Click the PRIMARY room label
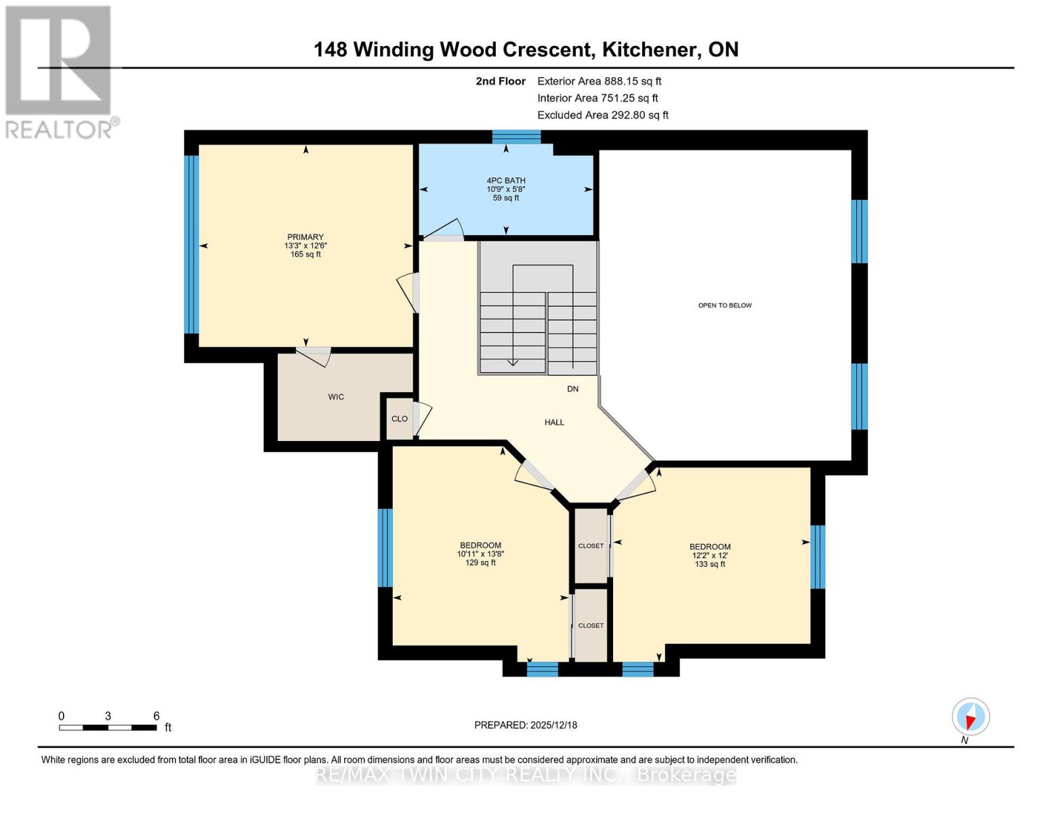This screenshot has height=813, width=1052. tap(305, 237)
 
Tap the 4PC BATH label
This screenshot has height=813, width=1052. tap(505, 181)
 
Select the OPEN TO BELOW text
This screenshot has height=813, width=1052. tap(725, 306)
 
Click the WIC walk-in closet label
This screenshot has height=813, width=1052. tap(336, 397)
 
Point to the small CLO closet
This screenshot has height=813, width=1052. tap(400, 419)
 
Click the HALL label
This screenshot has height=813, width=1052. tap(554, 423)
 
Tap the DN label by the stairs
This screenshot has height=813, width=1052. tap(572, 389)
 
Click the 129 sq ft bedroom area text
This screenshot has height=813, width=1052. tap(480, 563)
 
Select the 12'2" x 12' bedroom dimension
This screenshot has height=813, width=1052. tap(710, 556)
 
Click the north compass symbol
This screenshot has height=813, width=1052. tap(970, 717)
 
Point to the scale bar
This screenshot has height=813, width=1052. tap(108, 728)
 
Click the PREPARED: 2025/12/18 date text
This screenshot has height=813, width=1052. tap(526, 725)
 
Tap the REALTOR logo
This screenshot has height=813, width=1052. tap(59, 71)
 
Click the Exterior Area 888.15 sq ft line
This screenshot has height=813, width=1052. tap(599, 81)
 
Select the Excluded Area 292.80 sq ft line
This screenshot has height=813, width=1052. tap(602, 115)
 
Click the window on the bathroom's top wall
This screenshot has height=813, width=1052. tap(516, 137)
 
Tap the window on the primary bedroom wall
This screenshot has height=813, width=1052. tap(192, 245)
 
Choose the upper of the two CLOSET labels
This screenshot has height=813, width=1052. tap(591, 546)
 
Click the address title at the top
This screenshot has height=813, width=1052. tap(526, 49)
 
